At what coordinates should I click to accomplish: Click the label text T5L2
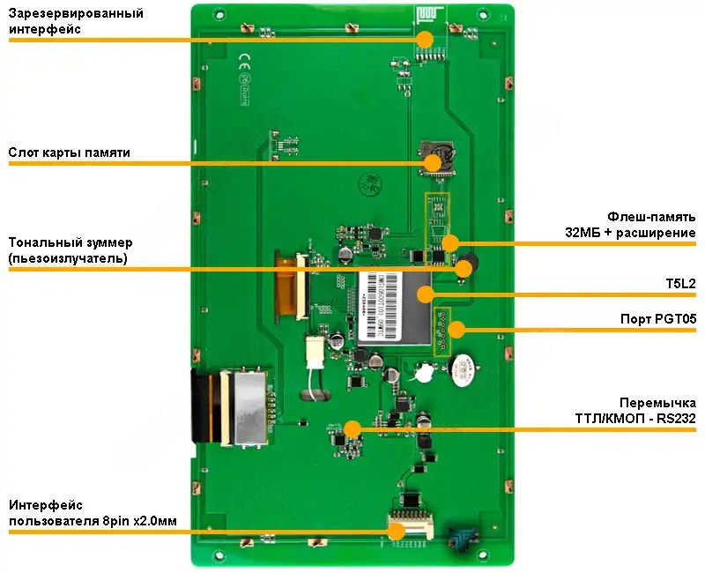coord(681,283)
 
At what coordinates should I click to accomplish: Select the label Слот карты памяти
coord(70,153)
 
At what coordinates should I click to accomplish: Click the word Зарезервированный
coord(77,13)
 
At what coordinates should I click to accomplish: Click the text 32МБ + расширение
coord(631,232)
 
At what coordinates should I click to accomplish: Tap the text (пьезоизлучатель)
coord(68,258)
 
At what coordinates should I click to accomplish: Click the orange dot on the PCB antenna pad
coord(425,39)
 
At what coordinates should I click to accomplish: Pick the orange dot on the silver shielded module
coord(426,294)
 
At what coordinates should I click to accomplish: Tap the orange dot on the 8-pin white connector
coord(397,531)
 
